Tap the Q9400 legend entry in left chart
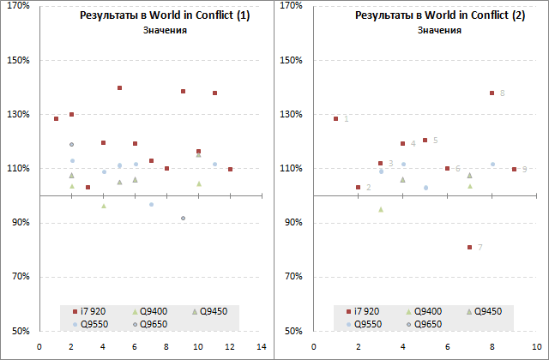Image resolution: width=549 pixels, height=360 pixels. pyautogui.click(x=147, y=311)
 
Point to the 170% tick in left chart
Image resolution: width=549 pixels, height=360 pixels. pyautogui.click(x=19, y=6)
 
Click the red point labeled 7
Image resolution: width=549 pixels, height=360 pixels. pyautogui.click(x=469, y=247)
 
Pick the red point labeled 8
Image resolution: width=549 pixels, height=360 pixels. pyautogui.click(x=492, y=93)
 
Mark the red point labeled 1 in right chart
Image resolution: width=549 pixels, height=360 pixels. pyautogui.click(x=335, y=118)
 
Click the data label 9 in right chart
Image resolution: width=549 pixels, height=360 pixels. pyautogui.click(x=524, y=170)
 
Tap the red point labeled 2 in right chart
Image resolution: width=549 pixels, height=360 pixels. pyautogui.click(x=358, y=187)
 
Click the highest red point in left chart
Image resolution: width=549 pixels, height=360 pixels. pyautogui.click(x=119, y=87)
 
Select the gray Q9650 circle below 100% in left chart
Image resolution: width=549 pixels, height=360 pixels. pyautogui.click(x=183, y=219)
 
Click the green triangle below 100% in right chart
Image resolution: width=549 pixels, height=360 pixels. pyautogui.click(x=380, y=209)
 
